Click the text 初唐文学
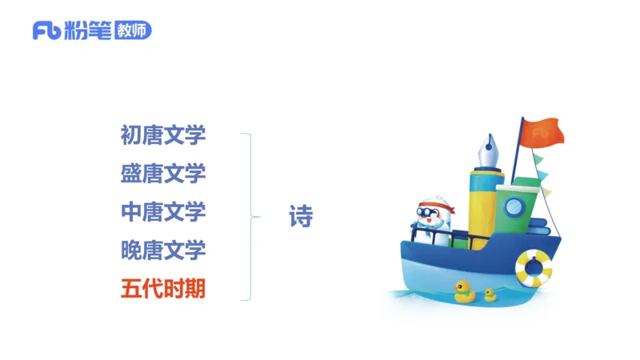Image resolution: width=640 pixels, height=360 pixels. [x=163, y=134]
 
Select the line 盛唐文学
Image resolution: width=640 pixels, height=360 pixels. [x=163, y=173]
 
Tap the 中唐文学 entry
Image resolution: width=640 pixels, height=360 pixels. [x=163, y=211]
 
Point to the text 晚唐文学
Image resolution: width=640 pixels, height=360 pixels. [x=163, y=250]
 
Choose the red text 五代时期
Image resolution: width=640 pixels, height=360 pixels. [x=163, y=288]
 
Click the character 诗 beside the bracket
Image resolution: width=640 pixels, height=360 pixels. [x=301, y=217]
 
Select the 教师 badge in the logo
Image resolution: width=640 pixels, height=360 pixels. [x=132, y=30]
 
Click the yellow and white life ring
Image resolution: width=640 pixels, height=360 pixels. [x=533, y=267]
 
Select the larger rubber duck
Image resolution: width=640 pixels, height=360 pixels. [x=464, y=291]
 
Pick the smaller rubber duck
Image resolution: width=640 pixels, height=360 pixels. [x=490, y=295]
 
